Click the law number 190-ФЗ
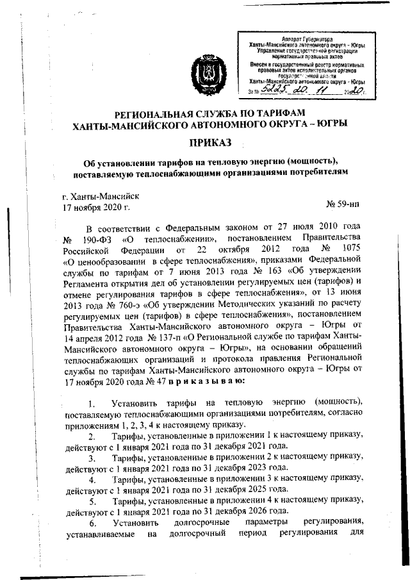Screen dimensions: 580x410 (x=97, y=239)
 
